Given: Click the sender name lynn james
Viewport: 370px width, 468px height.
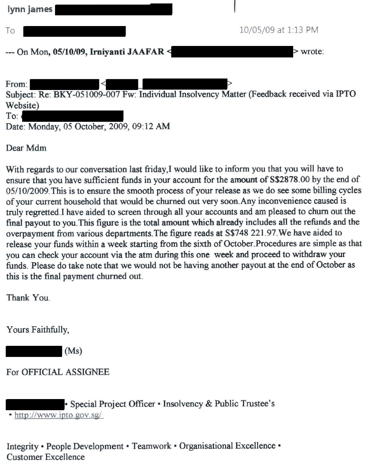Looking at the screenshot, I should (x=30, y=9).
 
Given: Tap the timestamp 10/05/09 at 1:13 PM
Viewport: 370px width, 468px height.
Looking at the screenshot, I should (x=279, y=30).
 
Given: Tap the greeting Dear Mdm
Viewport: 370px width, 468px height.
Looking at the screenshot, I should (x=26, y=148).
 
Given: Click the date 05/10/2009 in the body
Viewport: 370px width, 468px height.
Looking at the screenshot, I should (x=26, y=190).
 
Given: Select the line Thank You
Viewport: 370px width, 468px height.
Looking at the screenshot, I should (x=28, y=298).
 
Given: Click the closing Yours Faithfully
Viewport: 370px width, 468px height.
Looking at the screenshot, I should (x=38, y=329).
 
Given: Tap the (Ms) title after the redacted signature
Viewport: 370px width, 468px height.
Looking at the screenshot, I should (x=73, y=351).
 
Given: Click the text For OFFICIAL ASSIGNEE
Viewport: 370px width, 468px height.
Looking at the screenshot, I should (x=58, y=372).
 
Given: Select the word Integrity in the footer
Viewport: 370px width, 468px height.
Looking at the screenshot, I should (x=23, y=446).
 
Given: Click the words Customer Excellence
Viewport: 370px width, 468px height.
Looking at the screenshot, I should (x=45, y=457).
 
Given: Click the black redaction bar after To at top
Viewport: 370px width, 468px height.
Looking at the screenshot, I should (x=75, y=31).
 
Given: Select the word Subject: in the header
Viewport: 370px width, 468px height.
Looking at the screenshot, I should (x=21, y=94).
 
